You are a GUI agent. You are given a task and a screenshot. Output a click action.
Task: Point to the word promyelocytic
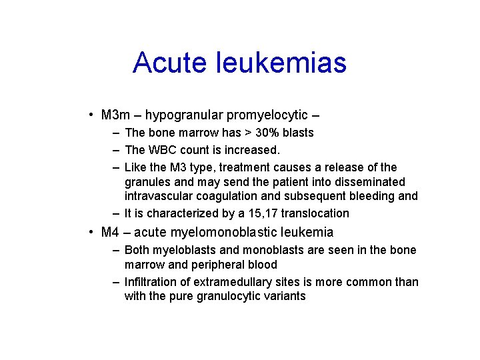pyautogui.click(x=268, y=115)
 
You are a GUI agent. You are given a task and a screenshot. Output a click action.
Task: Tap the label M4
pyautogui.click(x=109, y=233)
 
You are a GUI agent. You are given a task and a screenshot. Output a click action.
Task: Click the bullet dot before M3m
pyautogui.click(x=91, y=115)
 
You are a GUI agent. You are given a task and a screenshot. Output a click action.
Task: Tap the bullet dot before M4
pyautogui.click(x=91, y=233)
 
